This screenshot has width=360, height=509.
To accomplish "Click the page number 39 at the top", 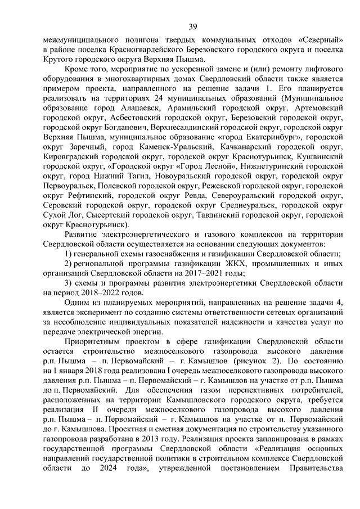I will point(192,27).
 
